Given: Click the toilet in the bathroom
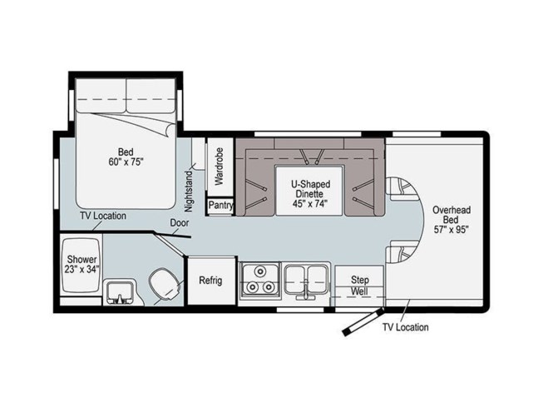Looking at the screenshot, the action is click(165, 285).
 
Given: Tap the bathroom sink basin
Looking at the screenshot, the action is click(120, 292).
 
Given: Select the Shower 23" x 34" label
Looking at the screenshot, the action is click(82, 265).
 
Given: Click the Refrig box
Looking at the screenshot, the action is click(211, 281).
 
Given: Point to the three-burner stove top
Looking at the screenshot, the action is click(259, 280).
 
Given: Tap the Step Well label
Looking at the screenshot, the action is click(360, 286).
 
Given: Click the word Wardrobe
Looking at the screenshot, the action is click(220, 167).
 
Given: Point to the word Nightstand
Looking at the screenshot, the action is click(189, 191).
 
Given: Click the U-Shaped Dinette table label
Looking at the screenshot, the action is click(310, 193).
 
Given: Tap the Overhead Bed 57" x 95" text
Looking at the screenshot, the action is click(452, 220).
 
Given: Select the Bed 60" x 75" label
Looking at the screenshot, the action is click(126, 157).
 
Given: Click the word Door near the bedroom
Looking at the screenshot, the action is click(179, 222).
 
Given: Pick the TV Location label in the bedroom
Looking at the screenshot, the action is click(103, 216).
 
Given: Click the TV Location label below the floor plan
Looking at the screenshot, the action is click(406, 327).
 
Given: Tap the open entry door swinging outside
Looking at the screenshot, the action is click(363, 322).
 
